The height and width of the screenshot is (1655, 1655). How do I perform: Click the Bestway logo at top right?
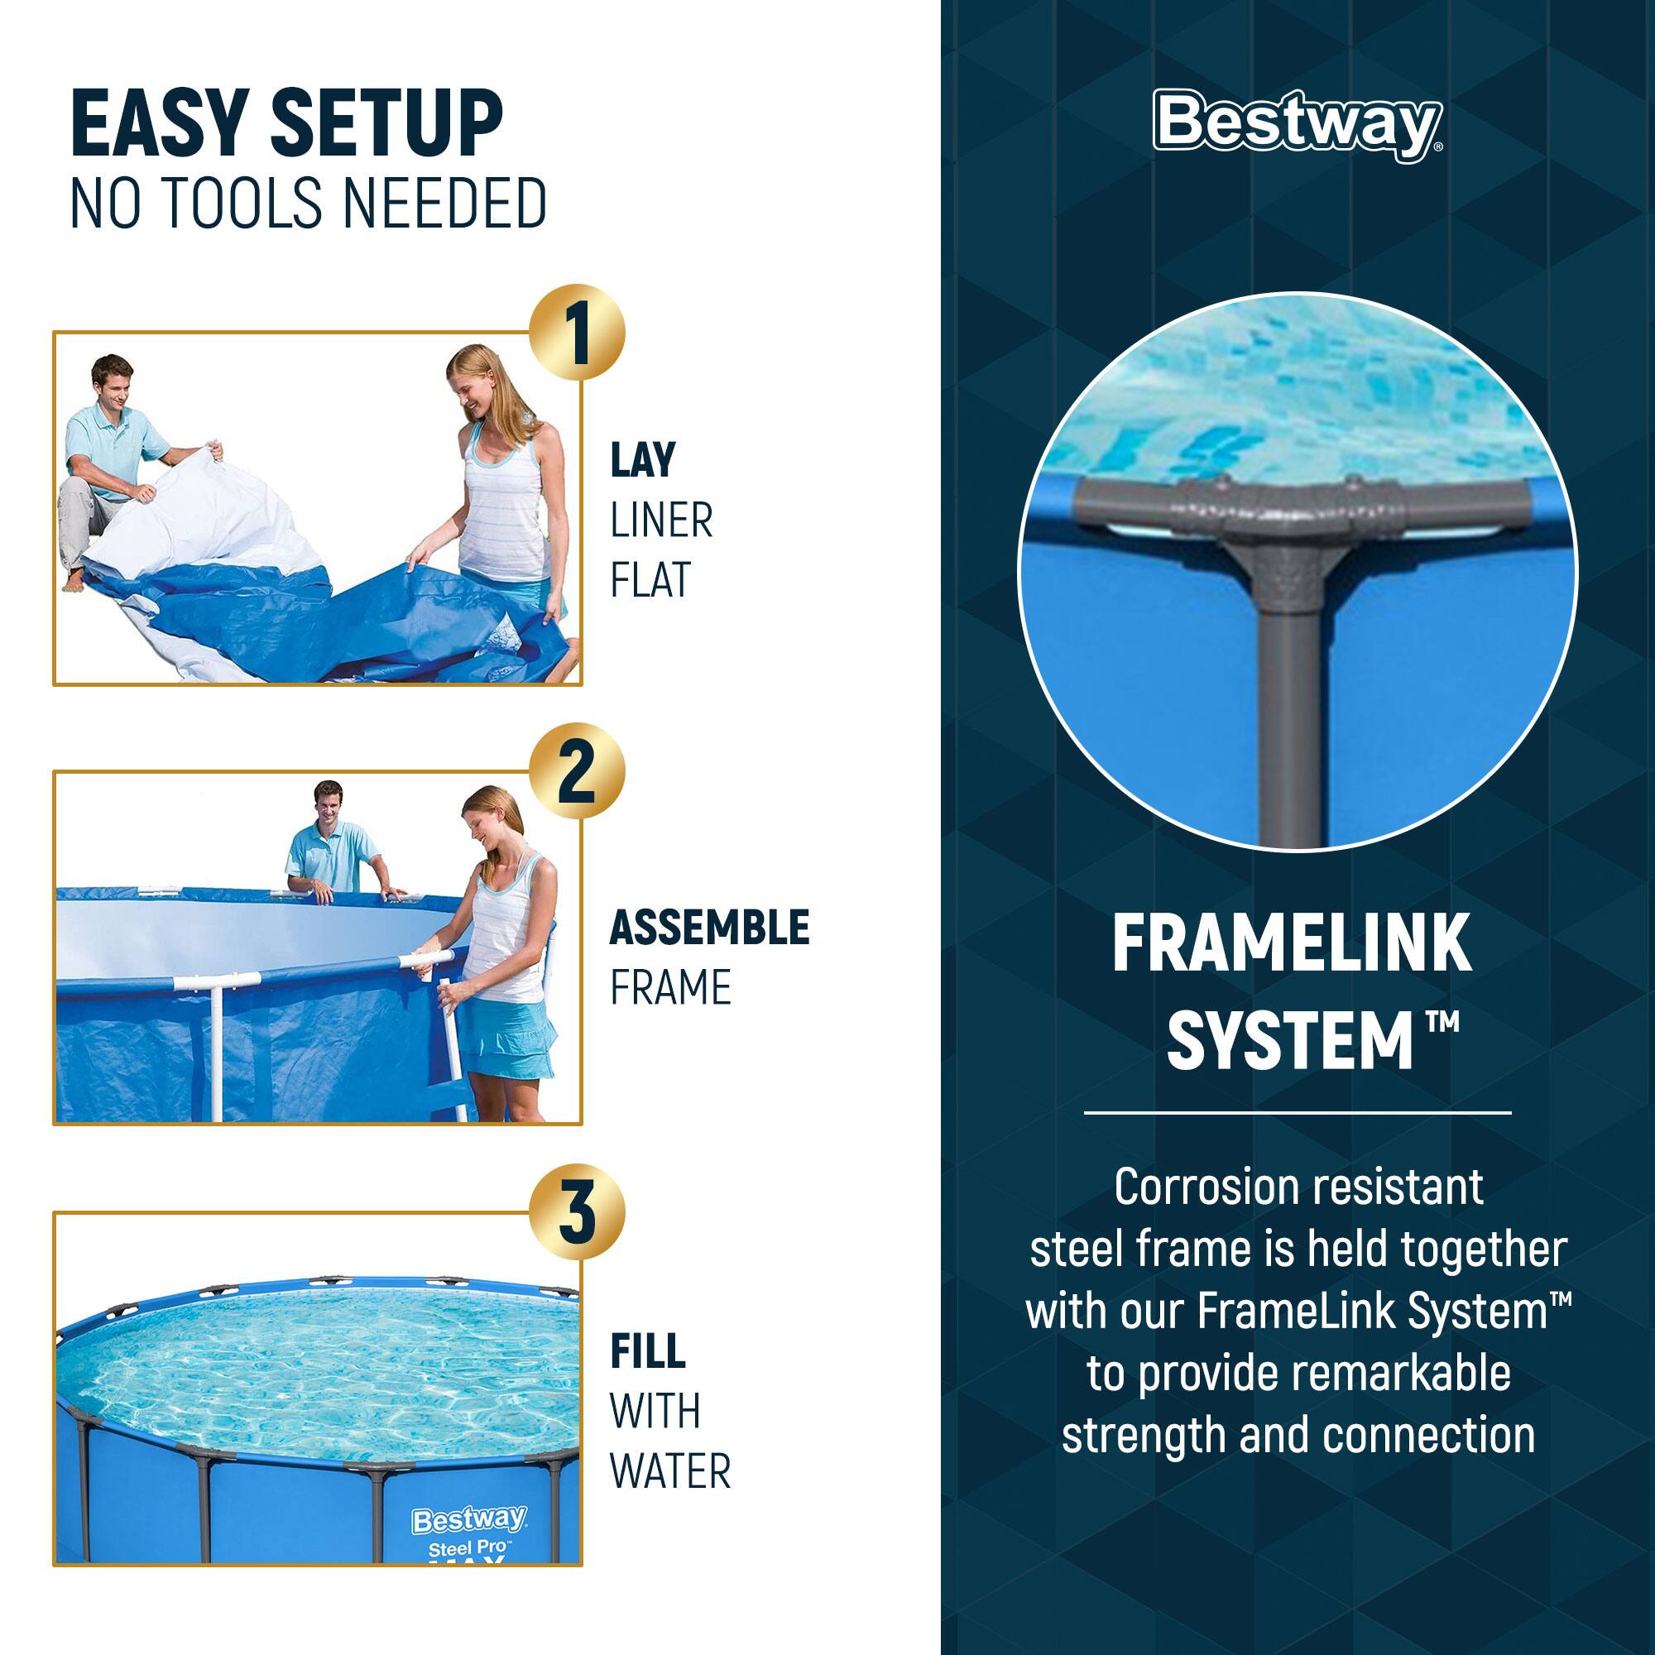click(1297, 125)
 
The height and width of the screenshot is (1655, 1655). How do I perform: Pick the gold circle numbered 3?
click(578, 1211)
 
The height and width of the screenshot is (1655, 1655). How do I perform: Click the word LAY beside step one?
click(642, 460)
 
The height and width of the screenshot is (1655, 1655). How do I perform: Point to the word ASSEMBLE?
click(709, 928)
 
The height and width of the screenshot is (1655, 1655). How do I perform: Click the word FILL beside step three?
click(648, 1352)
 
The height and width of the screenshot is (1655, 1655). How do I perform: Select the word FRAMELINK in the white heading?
click(1292, 944)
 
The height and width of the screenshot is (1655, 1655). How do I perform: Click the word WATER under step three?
click(670, 1471)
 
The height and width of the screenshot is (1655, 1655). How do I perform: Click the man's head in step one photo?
click(113, 380)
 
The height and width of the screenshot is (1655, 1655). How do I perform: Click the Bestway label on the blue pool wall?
click(469, 1519)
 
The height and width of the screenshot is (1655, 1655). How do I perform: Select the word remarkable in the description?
click(1400, 1373)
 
